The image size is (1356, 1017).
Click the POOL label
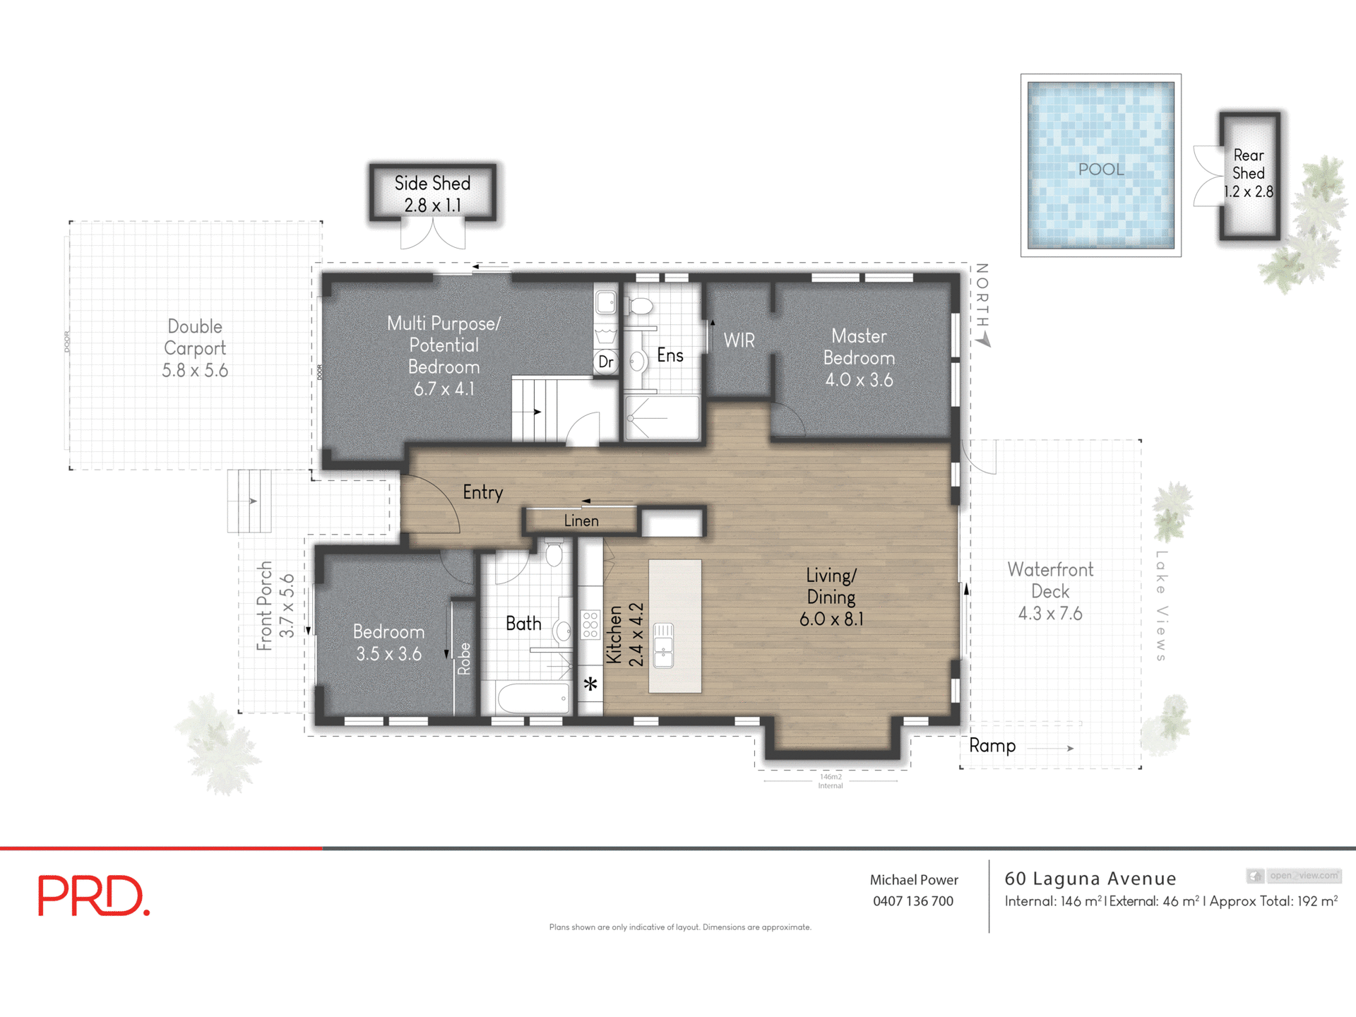pos(1100,169)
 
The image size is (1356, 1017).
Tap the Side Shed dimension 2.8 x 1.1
pos(432,206)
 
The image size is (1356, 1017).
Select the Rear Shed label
pos(1249,164)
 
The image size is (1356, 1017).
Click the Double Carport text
pos(195,338)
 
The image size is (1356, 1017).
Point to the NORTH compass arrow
pos(984,340)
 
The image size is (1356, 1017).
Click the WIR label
pos(739,341)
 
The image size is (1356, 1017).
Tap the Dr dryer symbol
pos(605,362)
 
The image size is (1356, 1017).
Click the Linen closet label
pos(581,521)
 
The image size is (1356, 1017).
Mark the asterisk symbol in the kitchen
pos(590,684)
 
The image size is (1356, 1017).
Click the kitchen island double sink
pos(663,645)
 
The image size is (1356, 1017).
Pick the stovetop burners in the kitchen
pos(590,625)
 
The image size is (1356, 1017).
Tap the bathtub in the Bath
pos(534,698)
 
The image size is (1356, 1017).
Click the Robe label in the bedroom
pos(464,658)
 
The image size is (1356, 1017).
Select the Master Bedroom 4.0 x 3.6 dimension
pos(859,380)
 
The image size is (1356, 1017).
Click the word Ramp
pos(992,746)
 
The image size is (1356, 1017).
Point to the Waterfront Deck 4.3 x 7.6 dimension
pos(1049,613)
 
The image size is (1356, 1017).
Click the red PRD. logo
pos(94,896)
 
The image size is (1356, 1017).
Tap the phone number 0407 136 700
pos(912,901)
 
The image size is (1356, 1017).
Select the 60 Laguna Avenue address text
pos(1090,879)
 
